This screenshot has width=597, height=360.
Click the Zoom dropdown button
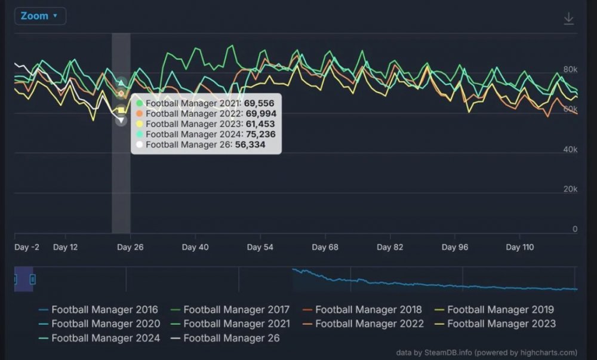pyautogui.click(x=40, y=16)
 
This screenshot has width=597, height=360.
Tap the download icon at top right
pyautogui.click(x=568, y=19)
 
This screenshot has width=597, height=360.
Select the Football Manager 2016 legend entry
pyautogui.click(x=99, y=310)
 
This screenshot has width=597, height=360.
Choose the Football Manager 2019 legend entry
pyautogui.click(x=494, y=310)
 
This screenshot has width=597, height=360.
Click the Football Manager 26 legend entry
pyautogui.click(x=226, y=338)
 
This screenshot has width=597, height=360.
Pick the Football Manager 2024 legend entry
pyautogui.click(x=99, y=338)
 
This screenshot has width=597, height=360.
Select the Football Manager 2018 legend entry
pyautogui.click(x=362, y=310)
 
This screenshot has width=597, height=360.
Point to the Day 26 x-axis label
pyautogui.click(x=130, y=247)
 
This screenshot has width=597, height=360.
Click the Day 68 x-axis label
pyautogui.click(x=325, y=247)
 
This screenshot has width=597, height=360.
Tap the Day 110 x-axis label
pyautogui.click(x=520, y=247)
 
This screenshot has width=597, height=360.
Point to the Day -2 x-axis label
pyautogui.click(x=27, y=247)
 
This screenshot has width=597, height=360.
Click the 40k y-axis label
pyautogui.click(x=570, y=150)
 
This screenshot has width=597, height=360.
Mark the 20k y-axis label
pyautogui.click(x=570, y=189)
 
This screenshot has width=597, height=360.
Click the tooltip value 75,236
pyautogui.click(x=260, y=134)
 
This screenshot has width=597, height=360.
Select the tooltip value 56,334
pyautogui.click(x=250, y=144)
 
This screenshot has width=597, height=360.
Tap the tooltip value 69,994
pyautogui.click(x=261, y=114)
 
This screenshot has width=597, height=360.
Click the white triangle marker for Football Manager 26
pyautogui.click(x=121, y=121)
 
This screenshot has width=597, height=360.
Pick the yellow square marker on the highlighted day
pyautogui.click(x=121, y=110)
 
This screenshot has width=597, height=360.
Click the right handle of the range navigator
pyautogui.click(x=33, y=280)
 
